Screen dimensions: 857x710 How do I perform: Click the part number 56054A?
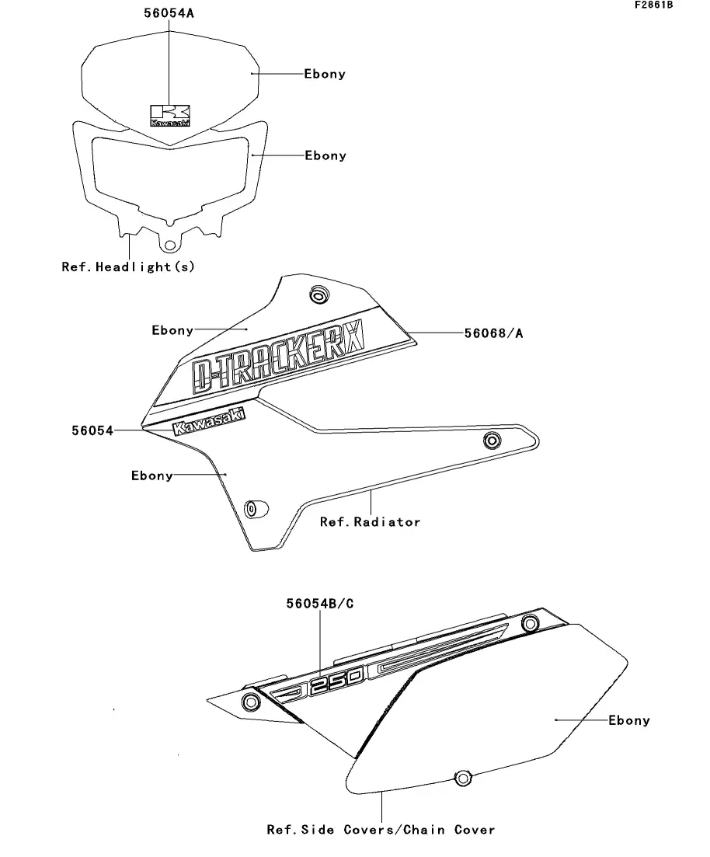tap(169, 14)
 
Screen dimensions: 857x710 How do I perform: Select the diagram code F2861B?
tap(653, 5)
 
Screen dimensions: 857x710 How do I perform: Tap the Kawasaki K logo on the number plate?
tap(170, 116)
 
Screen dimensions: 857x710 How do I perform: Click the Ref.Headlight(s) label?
tap(128, 267)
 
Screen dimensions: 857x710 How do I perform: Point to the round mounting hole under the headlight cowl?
tap(168, 244)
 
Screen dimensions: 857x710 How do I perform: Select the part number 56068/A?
tap(493, 333)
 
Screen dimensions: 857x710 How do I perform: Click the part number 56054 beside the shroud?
tap(92, 430)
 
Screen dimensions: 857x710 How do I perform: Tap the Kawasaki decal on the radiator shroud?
tap(207, 422)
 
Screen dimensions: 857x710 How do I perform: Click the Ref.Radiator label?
tap(370, 521)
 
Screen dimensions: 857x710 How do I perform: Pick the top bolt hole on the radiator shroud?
tap(318, 295)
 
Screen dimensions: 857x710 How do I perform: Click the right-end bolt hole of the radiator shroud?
tap(491, 441)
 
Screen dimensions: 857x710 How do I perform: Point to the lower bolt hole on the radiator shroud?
tap(252, 509)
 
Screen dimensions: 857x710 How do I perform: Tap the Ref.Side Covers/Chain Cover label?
tap(381, 830)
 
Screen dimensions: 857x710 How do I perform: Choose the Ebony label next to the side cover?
tap(628, 720)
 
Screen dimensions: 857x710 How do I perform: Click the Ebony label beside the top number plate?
tap(324, 74)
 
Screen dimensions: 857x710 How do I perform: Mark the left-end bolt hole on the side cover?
tap(250, 702)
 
